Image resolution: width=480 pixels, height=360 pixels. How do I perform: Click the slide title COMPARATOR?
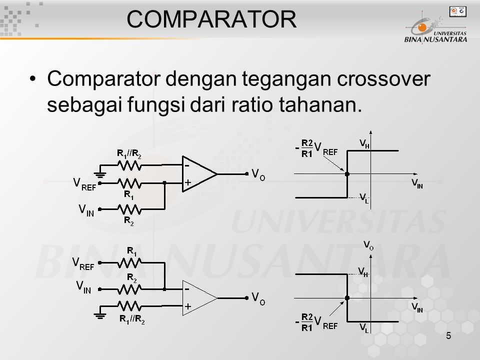(211, 19)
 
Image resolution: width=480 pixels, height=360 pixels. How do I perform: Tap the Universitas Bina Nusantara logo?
(436, 27)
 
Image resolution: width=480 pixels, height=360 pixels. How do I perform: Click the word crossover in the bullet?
(383, 78)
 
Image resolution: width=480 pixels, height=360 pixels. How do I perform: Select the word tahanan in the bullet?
(320, 104)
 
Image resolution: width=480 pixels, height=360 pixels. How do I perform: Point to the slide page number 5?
(448, 336)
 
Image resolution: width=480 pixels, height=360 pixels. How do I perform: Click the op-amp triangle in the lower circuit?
(199, 298)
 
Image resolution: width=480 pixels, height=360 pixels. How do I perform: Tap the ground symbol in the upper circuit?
(100, 174)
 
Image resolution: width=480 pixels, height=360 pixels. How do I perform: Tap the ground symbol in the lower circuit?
(100, 315)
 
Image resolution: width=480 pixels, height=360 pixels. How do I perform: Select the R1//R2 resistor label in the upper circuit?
(129, 153)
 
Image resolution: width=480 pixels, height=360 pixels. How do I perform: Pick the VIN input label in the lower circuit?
(83, 287)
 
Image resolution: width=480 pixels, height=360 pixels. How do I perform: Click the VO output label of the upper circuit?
(258, 174)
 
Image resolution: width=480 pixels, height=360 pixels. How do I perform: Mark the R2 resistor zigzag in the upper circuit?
(129, 209)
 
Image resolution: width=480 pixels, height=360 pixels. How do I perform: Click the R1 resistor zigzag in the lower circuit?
(129, 262)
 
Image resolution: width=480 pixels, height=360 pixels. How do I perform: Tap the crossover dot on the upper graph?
(347, 174)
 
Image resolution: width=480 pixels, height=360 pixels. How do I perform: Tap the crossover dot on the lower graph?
(347, 298)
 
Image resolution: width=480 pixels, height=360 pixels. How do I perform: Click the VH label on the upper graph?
(364, 143)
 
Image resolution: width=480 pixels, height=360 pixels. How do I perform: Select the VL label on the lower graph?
(364, 328)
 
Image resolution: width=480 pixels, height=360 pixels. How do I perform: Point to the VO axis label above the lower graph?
(368, 245)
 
